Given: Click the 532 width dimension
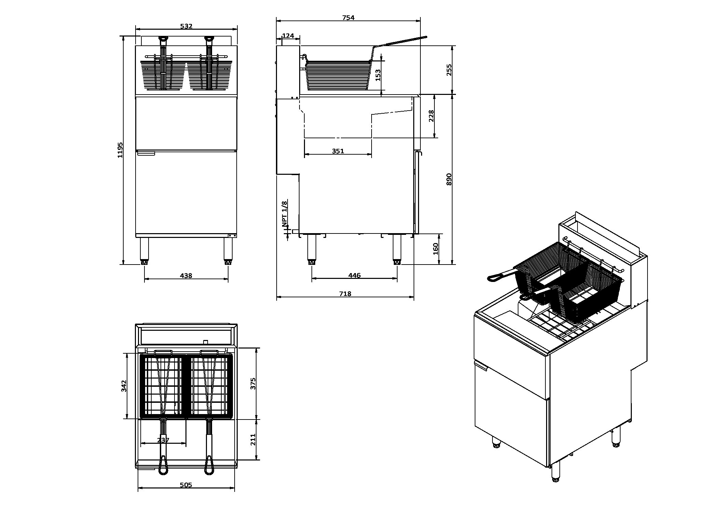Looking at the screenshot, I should click(x=186, y=26).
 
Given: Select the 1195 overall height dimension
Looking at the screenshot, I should click(x=120, y=150).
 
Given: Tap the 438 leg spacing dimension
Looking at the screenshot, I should click(x=186, y=275).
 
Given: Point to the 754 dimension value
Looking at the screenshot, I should click(x=348, y=18).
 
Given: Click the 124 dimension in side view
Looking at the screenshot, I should click(x=288, y=36).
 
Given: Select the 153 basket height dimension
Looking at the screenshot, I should click(x=378, y=75).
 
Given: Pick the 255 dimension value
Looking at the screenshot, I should click(x=449, y=70).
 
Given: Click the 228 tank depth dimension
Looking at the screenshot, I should click(x=431, y=116).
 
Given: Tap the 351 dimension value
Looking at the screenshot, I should click(x=338, y=151).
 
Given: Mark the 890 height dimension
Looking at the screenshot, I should click(x=449, y=179).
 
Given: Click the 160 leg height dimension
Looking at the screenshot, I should click(x=435, y=249).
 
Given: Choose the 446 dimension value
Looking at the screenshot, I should click(x=354, y=275).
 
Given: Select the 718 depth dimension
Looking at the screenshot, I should click(x=345, y=294).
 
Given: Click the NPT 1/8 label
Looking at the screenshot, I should click(x=284, y=214).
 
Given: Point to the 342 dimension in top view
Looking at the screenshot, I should click(x=124, y=386).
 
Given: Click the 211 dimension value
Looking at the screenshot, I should click(x=253, y=440).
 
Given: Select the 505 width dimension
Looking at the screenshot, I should click(x=186, y=485).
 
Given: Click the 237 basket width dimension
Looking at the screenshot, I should click(x=163, y=440).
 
